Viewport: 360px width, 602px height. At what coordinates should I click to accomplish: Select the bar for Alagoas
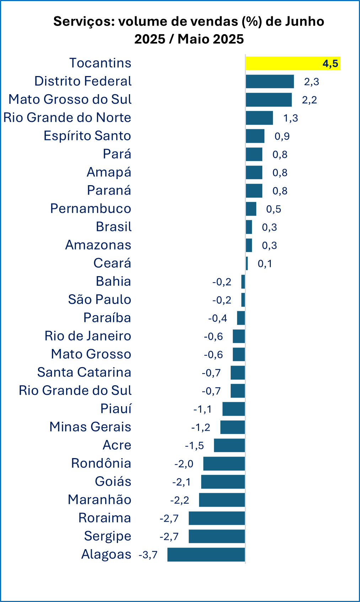tap(206, 554)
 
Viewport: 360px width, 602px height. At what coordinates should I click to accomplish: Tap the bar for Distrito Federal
tap(270, 81)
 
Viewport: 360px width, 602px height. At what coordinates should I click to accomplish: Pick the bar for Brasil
tap(249, 227)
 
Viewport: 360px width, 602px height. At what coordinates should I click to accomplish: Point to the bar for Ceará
tap(247, 263)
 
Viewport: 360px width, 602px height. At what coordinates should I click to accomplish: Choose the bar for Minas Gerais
tap(232, 427)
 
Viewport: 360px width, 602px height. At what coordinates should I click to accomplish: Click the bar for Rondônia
tap(224, 464)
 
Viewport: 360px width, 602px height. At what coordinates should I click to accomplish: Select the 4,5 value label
tap(330, 64)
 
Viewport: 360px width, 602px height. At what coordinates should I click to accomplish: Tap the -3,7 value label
tap(148, 555)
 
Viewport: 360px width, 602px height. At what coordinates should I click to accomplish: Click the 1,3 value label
tap(290, 118)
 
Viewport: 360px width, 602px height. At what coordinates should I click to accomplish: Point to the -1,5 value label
tap(194, 446)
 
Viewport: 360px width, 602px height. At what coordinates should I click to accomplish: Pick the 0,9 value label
tap(282, 136)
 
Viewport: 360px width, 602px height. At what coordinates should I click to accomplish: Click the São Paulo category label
tap(100, 300)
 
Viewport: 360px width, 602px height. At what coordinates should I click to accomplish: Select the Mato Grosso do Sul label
tap(70, 100)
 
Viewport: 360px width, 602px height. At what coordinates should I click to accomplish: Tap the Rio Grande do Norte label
tap(68, 118)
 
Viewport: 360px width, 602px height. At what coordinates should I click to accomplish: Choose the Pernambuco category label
tap(91, 209)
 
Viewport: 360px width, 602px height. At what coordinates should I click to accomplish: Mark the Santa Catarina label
tap(84, 372)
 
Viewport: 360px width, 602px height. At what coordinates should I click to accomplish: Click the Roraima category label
tap(104, 518)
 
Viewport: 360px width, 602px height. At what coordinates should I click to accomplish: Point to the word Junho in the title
tap(305, 22)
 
